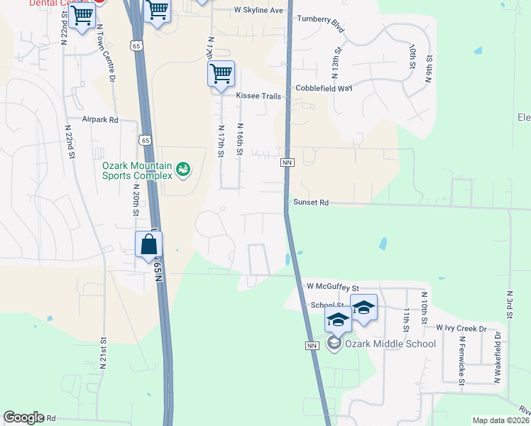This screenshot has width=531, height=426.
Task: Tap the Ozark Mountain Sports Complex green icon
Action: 184,169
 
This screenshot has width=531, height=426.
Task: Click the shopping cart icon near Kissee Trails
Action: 221,73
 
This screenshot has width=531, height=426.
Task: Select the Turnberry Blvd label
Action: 320,23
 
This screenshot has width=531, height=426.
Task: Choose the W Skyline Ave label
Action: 258,11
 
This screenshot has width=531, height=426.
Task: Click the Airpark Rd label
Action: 99,120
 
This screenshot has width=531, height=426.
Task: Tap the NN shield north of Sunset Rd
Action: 288,163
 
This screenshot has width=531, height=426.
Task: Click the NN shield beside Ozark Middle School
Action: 312,346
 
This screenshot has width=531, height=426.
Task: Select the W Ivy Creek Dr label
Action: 461,329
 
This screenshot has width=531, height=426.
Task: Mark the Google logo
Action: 23,418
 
